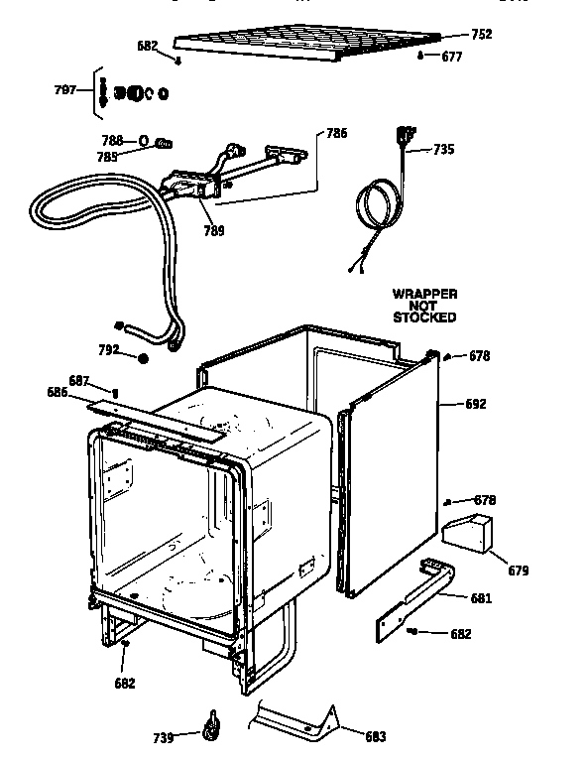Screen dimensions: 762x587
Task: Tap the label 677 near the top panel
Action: click(x=451, y=57)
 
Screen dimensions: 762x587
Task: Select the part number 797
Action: click(x=65, y=89)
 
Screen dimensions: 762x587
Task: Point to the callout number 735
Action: click(x=443, y=150)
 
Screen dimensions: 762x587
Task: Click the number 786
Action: click(x=336, y=133)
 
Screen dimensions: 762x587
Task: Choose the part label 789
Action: click(x=213, y=231)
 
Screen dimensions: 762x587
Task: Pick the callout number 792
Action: click(x=109, y=349)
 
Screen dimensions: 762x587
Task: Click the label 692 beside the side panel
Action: click(x=477, y=404)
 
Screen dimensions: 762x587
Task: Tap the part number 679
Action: click(x=518, y=571)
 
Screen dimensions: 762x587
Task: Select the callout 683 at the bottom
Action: click(x=375, y=736)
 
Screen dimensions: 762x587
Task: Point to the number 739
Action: click(x=165, y=737)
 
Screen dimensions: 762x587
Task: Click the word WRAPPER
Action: click(x=424, y=295)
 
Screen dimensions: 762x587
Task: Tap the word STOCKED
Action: click(x=424, y=318)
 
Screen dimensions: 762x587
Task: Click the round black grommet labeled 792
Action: click(x=144, y=358)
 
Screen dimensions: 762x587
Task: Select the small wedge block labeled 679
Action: click(x=468, y=534)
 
